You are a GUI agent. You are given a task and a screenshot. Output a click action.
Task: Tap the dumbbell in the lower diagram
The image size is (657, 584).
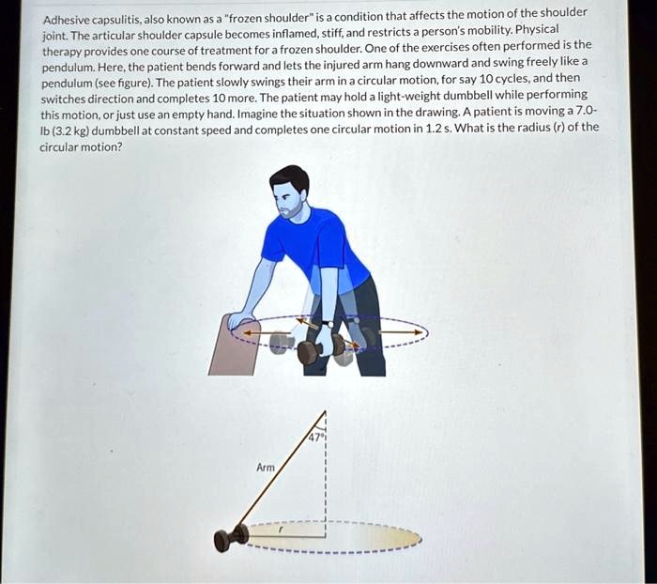229,537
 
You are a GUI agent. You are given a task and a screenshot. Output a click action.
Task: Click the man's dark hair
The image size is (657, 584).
289,177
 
